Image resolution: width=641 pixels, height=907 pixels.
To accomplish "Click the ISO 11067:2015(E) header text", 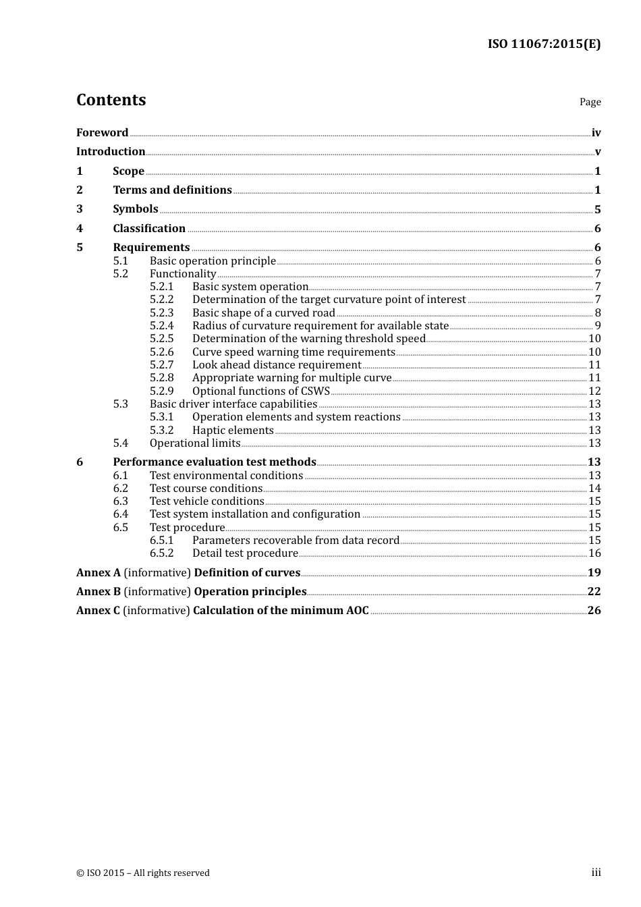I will coord(544,45).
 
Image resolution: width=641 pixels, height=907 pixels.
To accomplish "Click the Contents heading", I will coord(111,100).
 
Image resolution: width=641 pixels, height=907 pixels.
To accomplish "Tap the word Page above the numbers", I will coord(590,102).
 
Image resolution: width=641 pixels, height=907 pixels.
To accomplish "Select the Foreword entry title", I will coord(102,133).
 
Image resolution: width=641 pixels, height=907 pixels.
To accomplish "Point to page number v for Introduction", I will coord(597,152).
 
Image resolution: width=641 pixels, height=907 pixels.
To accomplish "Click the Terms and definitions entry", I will coord(172,190).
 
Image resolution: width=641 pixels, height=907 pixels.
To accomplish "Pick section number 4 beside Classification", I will coord(80,229).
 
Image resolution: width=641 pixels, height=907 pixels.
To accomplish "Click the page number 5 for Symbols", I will coord(597,209).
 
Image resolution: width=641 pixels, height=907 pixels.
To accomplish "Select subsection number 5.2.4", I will coord(161,326).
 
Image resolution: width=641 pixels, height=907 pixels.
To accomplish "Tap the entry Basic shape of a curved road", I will coord(263,313).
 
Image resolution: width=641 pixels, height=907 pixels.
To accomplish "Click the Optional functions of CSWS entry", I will coord(261,391).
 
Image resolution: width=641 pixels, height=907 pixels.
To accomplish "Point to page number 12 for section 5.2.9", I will coord(594,391).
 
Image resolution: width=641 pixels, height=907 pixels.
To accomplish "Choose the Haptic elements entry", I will coord(233,431).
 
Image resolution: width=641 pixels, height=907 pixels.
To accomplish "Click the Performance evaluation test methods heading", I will coord(215,462).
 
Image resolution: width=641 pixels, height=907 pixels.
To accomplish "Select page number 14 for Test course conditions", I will coord(594,489).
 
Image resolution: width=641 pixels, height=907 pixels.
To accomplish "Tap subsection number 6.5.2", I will coord(161,553).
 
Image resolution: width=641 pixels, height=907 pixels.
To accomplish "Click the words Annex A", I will coord(99,573).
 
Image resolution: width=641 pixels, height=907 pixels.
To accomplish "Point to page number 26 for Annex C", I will coord(594,611).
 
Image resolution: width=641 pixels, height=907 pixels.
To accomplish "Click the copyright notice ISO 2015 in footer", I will coord(143,873).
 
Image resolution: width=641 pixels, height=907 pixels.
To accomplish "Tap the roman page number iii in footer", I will coord(596,873).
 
